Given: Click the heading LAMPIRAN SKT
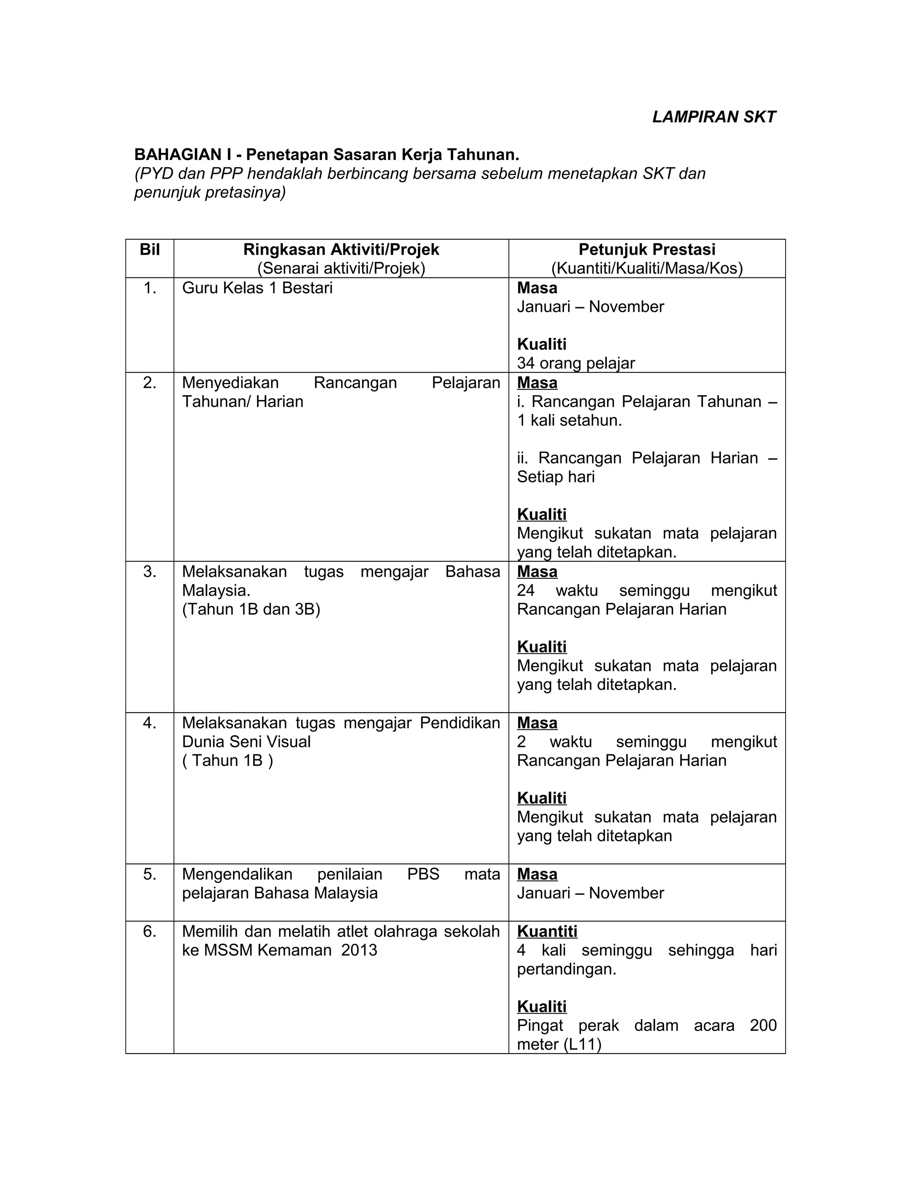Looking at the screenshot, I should tap(713, 117).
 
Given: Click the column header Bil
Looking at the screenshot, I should tap(149, 249).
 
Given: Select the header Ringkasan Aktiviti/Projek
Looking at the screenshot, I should tap(341, 249).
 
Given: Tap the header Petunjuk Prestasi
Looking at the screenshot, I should tap(646, 249).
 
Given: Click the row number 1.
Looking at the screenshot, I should tap(149, 288).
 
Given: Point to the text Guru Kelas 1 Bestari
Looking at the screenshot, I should tap(258, 288).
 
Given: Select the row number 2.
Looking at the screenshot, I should tap(149, 383).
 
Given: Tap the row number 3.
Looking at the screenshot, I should tap(149, 572).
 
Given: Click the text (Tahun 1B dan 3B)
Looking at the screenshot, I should tap(251, 609).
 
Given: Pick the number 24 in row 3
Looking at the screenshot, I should tap(526, 591).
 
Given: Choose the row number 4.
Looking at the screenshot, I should tap(149, 723).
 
